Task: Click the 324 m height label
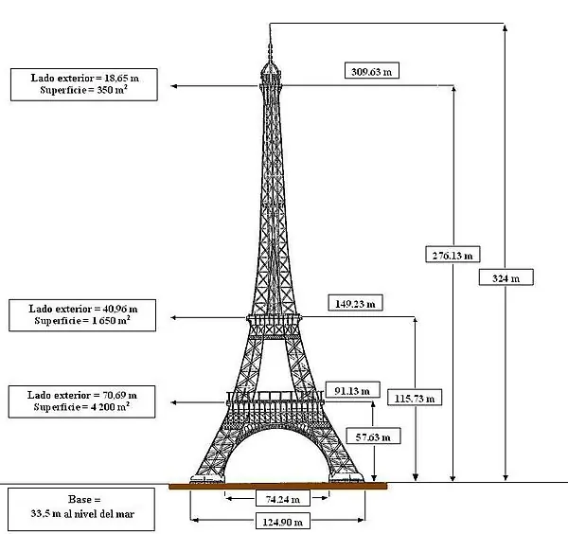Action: tap(506, 277)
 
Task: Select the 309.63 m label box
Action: tap(372, 71)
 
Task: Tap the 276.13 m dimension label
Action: tap(453, 255)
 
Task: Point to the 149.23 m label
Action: tap(355, 303)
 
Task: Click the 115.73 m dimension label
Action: tap(415, 398)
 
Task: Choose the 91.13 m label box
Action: tap(352, 390)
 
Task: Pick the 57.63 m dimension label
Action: tap(373, 436)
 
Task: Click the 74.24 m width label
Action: tap(283, 499)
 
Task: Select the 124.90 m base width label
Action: tap(283, 521)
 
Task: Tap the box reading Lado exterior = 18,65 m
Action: tap(84, 84)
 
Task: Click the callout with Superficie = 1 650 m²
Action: tap(82, 315)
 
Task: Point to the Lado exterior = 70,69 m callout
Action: tap(81, 401)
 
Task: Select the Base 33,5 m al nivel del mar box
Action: tap(81, 508)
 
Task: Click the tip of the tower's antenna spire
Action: tap(270, 24)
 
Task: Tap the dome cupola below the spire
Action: tap(271, 69)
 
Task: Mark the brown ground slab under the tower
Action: tap(277, 486)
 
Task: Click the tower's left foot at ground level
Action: tap(207, 479)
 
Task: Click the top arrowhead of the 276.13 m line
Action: tap(453, 88)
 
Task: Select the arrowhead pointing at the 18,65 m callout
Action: tap(173, 86)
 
